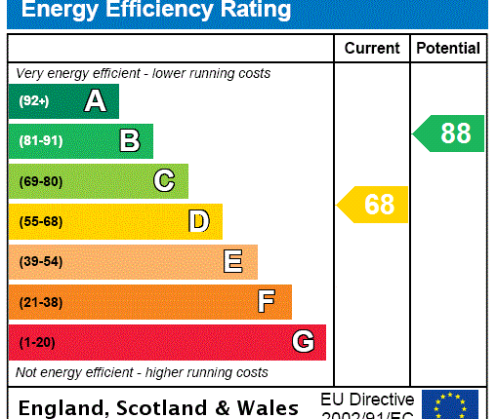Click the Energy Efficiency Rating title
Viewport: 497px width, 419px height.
[x=156, y=11]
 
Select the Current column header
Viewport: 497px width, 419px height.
[x=371, y=48]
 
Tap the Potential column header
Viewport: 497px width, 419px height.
[x=448, y=48]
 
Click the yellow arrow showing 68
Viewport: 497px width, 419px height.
[x=373, y=205]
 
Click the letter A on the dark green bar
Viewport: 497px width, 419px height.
[x=95, y=100]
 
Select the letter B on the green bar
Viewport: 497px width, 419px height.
[x=129, y=141]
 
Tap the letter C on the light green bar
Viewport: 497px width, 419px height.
[x=164, y=181]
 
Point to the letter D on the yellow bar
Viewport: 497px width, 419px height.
[x=198, y=221]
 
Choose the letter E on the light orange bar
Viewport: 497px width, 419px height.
[x=232, y=261]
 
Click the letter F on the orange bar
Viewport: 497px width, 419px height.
[x=267, y=302]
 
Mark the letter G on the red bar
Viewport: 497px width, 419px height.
[x=303, y=342]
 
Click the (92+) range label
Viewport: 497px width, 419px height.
[x=34, y=100]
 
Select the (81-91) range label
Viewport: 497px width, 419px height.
[x=40, y=141]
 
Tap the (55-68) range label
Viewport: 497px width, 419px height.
[x=40, y=221]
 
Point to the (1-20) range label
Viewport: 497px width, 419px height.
[x=37, y=342]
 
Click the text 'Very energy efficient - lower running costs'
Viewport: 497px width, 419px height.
[x=143, y=73]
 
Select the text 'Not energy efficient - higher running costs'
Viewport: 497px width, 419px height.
[x=142, y=372]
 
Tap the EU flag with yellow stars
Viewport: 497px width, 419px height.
[x=450, y=404]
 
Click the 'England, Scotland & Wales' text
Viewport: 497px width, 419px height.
[x=159, y=407]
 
